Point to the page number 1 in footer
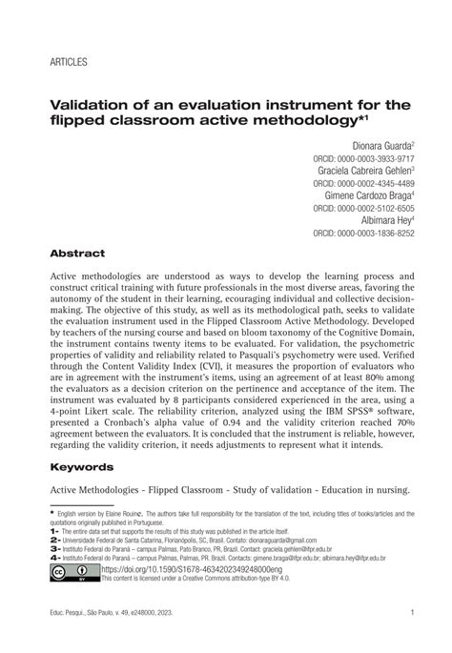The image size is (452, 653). point(410,613)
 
